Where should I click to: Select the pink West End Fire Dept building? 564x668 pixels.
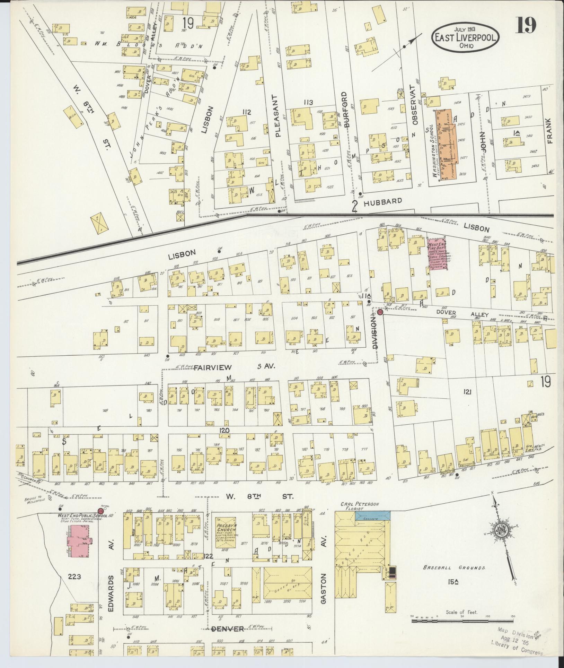point(437,259)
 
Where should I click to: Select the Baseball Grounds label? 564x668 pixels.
point(454,568)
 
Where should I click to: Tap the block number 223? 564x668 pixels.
point(75,576)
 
